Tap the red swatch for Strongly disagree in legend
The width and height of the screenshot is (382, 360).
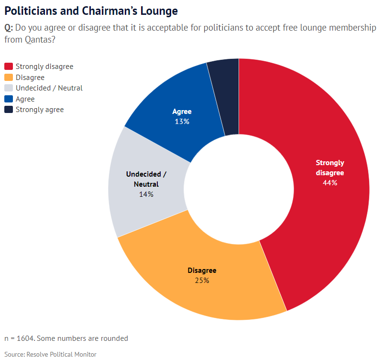click(9, 67)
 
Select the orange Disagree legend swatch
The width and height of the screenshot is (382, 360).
click(9, 78)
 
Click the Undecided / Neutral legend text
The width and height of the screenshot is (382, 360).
click(49, 88)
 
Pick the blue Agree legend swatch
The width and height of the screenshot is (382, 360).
click(9, 99)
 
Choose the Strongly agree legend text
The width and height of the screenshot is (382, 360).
click(40, 110)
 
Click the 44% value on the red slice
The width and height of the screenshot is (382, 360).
click(330, 182)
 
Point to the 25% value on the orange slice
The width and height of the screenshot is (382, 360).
click(202, 280)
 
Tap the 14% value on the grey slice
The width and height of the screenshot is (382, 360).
click(146, 194)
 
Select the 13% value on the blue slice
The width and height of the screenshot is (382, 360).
click(182, 122)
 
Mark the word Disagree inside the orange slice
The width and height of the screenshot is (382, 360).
click(202, 270)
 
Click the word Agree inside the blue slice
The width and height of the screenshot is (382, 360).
click(182, 112)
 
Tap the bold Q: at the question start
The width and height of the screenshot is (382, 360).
click(9, 27)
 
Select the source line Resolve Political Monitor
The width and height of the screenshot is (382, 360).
click(61, 354)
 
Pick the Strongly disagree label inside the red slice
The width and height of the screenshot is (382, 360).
click(330, 168)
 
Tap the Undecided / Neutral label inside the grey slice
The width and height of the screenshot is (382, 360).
click(146, 179)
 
